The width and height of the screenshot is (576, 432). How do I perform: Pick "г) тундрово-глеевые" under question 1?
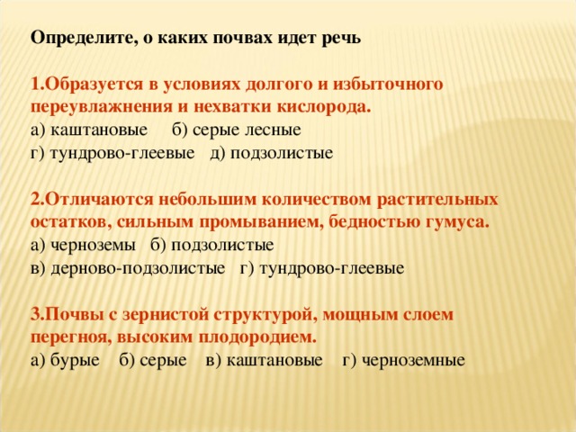click(x=113, y=152)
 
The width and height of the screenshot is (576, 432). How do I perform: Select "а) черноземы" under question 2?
click(x=83, y=245)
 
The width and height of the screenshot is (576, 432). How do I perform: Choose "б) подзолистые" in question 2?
click(x=212, y=245)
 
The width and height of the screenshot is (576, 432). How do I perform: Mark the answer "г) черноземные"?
click(x=404, y=361)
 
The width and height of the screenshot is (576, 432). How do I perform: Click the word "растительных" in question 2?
click(x=436, y=198)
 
